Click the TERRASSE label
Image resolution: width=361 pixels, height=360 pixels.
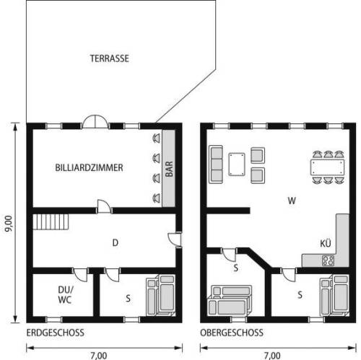click(x=110, y=58)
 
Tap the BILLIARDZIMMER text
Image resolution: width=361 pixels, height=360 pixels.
click(x=89, y=167)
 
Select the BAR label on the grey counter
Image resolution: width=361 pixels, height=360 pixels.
click(x=169, y=169)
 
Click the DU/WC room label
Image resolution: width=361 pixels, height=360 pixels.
click(x=65, y=295)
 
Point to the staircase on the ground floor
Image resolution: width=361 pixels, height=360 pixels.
click(x=51, y=222)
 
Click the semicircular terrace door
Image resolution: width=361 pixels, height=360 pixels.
click(x=95, y=122)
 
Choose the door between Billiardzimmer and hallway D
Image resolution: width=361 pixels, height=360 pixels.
click(x=104, y=206)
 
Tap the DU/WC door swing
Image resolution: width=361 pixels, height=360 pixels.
click(x=81, y=275)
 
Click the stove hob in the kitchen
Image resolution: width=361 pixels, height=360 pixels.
click(x=329, y=260)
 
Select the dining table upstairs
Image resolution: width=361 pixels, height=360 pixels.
click(x=327, y=167)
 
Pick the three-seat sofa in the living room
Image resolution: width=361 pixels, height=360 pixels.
click(x=216, y=164)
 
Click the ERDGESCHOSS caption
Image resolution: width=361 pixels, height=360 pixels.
click(x=56, y=333)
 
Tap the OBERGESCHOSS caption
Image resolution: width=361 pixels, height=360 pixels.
click(x=232, y=333)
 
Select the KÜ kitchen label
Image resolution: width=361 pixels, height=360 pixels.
click(x=326, y=243)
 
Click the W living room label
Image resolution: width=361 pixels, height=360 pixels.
click(x=292, y=201)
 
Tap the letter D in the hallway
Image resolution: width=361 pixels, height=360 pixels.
click(x=116, y=243)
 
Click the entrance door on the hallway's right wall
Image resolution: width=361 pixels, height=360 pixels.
click(x=175, y=239)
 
